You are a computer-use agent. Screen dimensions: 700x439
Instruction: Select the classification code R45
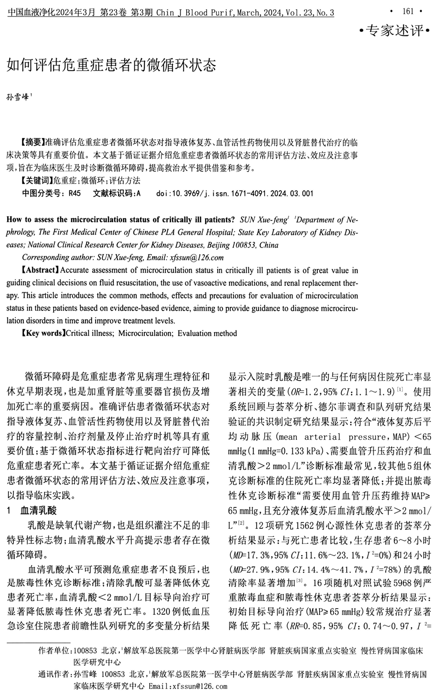click(x=75, y=193)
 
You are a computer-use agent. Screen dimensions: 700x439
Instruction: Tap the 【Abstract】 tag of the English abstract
click(x=40, y=270)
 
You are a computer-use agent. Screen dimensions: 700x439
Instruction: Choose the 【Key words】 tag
click(x=43, y=334)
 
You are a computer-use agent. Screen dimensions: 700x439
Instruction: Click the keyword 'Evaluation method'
click(x=207, y=334)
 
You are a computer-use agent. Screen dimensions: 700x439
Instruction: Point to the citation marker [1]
click(x=400, y=389)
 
